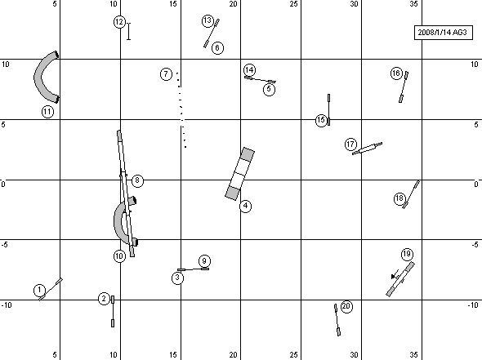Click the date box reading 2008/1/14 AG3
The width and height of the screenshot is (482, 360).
coord(444,33)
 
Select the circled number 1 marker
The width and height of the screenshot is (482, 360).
coord(39,290)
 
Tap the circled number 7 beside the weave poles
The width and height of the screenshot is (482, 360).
coord(167,74)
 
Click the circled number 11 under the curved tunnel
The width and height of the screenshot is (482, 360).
coord(47,112)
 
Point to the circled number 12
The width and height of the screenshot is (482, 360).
coord(119,22)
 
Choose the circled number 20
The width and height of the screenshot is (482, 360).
coord(346,306)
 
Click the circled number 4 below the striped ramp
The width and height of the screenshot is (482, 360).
coord(245,206)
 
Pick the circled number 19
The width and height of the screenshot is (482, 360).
coord(407,254)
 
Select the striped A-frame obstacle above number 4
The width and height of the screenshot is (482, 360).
coord(239,174)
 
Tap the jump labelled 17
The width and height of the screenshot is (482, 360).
coord(367,149)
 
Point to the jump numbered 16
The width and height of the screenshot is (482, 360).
coord(404,87)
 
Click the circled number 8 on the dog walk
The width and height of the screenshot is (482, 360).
coord(137,180)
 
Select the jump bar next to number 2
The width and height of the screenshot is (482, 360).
coord(113,311)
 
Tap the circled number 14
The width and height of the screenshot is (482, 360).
coord(249,70)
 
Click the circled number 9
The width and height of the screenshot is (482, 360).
coord(204,261)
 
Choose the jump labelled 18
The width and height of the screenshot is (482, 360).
coord(411,194)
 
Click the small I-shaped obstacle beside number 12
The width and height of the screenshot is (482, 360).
coord(129,31)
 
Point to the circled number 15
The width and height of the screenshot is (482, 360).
coord(321,120)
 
